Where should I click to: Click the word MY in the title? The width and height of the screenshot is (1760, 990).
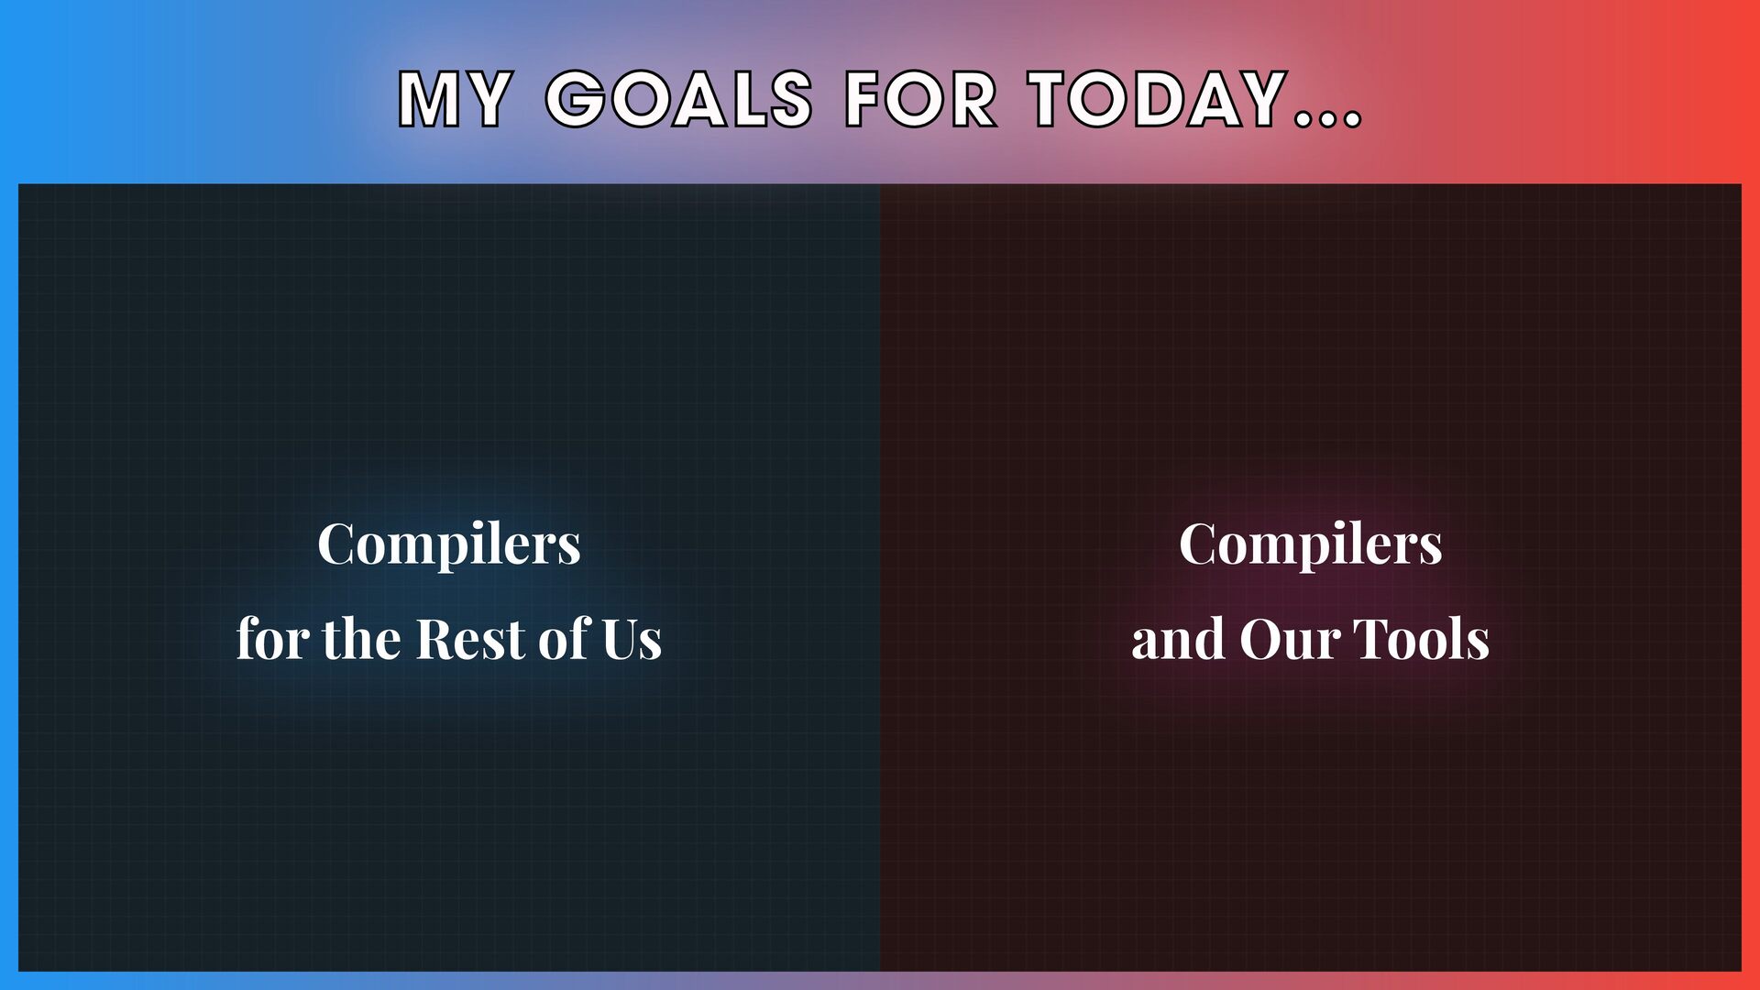point(455,99)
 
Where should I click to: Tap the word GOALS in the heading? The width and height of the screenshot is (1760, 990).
point(679,99)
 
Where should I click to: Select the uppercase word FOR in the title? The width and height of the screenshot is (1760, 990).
point(920,99)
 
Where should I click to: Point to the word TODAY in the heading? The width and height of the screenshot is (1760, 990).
point(1158,99)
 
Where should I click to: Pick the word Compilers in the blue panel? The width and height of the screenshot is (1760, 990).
point(449,546)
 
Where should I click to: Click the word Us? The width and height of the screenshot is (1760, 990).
point(632,639)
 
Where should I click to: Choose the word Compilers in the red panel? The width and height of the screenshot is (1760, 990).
point(1311,546)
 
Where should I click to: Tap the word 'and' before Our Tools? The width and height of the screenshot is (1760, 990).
point(1179,638)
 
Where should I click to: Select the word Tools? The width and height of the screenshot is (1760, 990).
point(1422,638)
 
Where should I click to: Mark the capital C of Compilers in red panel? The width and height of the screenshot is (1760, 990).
point(1201,544)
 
